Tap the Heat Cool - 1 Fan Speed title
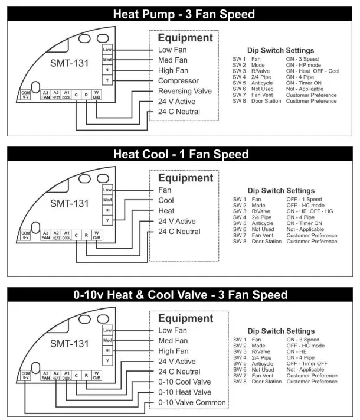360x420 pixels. (x=180, y=155)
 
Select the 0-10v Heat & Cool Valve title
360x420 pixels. (x=180, y=295)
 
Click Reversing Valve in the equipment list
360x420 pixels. (x=184, y=91)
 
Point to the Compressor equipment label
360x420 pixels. (x=182, y=81)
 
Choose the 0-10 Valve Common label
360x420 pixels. (x=192, y=403)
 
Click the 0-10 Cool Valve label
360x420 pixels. (x=185, y=382)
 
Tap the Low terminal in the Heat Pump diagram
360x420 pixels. (x=107, y=50)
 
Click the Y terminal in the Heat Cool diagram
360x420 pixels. (x=107, y=220)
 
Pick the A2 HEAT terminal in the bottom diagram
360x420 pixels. (x=56, y=375)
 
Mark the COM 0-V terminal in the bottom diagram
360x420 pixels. (x=25, y=375)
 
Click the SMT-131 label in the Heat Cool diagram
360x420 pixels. (x=69, y=204)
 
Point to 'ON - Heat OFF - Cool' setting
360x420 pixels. (x=317, y=70)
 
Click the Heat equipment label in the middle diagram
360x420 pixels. (x=166, y=211)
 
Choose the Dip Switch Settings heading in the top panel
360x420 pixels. (x=280, y=51)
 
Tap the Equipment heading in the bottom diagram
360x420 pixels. (x=185, y=318)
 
